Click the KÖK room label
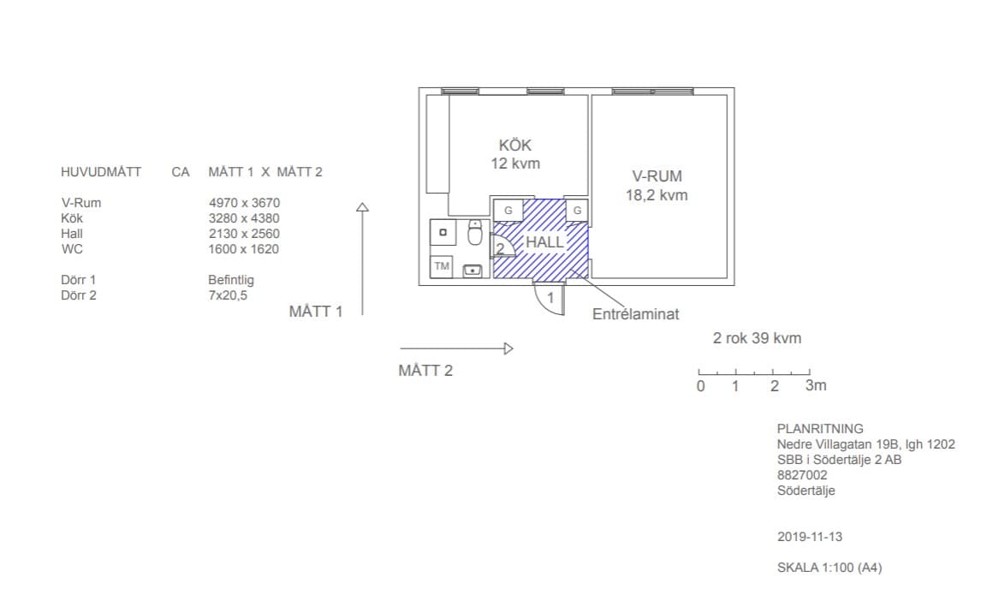coord(514,145)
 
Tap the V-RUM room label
coord(657,176)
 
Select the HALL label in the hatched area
coord(544,242)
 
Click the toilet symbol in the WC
coord(475,232)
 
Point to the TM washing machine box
coord(442,266)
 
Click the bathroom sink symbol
coord(473,271)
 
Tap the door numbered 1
coord(549,298)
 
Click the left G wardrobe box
coord(508,211)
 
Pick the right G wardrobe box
coord(577,211)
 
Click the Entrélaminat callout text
coord(636,314)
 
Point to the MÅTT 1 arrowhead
coord(362,206)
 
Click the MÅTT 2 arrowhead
coord(508,348)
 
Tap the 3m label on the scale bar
coord(816,385)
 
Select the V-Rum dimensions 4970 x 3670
coord(245,203)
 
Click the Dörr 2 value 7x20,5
coord(228,295)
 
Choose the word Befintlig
coord(231,280)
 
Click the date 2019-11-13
coord(810,537)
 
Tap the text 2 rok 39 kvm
coord(758,338)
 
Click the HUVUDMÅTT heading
coord(101,172)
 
